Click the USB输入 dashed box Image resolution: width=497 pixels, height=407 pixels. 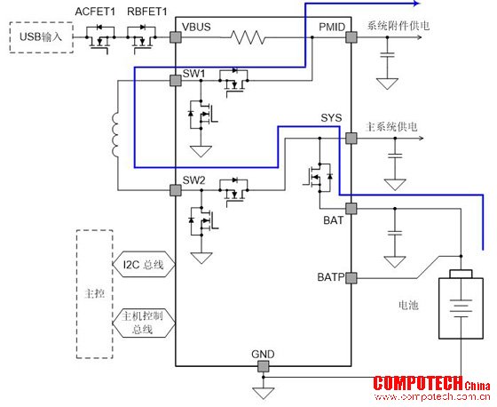click(41, 37)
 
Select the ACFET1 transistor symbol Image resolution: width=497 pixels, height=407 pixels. click(99, 38)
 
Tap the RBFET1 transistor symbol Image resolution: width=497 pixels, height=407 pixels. click(142, 38)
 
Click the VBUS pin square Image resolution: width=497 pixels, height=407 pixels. click(176, 37)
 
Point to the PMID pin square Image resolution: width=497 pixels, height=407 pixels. click(351, 37)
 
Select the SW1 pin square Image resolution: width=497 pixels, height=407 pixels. click(176, 81)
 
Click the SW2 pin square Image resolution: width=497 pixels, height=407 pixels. click(176, 190)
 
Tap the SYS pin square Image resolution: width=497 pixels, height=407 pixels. click(351, 139)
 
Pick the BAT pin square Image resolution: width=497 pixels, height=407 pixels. click(351, 209)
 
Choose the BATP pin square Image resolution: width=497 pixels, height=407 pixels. click(351, 278)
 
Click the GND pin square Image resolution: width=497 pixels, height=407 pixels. click(263, 366)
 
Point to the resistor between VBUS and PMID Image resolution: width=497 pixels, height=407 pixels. click(248, 37)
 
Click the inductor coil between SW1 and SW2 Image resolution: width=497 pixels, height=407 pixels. click(114, 134)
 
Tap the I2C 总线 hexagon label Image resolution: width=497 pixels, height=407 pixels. click(144, 264)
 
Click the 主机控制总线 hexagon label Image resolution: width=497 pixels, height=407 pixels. click(144, 323)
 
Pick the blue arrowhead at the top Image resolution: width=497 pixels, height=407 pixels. click(416, 4)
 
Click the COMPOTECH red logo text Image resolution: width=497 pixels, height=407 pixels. click(418, 383)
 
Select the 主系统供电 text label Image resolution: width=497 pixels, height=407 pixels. click(391, 127)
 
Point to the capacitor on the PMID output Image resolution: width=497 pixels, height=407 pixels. click(387, 55)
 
